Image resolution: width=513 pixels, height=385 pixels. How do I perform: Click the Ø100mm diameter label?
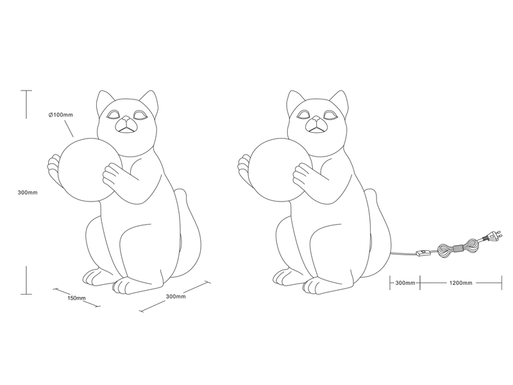(x=60, y=115)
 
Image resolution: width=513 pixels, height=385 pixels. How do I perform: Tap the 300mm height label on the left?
(x=28, y=193)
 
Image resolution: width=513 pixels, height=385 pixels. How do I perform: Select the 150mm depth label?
(x=76, y=298)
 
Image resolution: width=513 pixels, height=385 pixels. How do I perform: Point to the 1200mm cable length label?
(x=460, y=283)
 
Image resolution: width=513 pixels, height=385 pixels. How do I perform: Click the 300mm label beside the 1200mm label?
(x=405, y=283)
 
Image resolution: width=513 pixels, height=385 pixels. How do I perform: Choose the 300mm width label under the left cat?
(x=176, y=296)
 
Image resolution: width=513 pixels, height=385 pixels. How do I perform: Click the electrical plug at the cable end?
(x=492, y=236)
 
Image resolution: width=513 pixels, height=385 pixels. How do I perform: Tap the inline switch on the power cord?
(x=424, y=253)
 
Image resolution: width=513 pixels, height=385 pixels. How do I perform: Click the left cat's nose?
(x=125, y=118)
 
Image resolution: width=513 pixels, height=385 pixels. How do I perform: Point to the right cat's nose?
(x=315, y=118)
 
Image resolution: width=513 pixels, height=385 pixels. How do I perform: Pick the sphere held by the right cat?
(x=280, y=169)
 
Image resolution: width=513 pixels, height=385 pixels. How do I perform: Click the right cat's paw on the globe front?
(x=303, y=175)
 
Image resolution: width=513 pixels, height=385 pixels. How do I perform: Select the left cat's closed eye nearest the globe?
(x=115, y=116)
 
